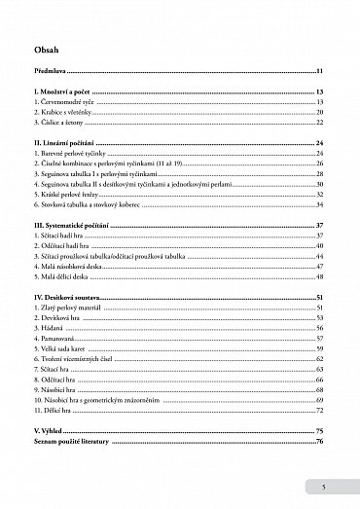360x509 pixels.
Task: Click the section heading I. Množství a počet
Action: coord(69,91)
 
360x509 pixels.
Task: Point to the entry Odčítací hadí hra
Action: coord(69,246)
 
